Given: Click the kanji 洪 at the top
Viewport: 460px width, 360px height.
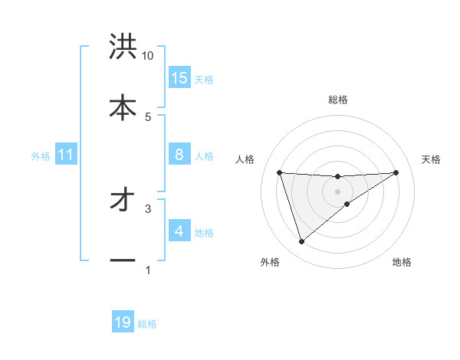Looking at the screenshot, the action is [x=123, y=47].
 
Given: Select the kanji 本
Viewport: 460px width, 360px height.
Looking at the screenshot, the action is [x=123, y=106].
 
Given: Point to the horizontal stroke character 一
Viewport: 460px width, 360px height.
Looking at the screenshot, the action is [x=123, y=260].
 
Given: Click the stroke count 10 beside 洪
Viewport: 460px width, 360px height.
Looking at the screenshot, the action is [x=148, y=56].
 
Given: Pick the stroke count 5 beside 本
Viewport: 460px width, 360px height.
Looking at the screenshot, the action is [x=148, y=116].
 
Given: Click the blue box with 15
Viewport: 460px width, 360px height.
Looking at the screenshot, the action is [x=179, y=78].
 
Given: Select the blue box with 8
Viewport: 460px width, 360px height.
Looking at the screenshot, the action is [x=179, y=155].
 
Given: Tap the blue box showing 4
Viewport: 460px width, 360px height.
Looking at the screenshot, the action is [x=179, y=231].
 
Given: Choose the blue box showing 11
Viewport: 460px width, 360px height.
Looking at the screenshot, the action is [x=66, y=155].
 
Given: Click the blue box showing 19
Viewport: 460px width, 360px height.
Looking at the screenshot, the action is [x=123, y=322].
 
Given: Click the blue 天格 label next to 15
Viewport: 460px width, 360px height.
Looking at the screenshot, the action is [x=204, y=79].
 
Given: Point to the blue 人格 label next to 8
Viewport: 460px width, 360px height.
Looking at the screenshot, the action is [x=204, y=156].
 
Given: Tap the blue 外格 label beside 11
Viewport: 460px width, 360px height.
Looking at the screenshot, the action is [x=41, y=156].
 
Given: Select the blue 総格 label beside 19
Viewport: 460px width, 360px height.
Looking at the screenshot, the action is [x=147, y=324].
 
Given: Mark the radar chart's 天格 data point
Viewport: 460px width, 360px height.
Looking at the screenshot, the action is [x=396, y=172].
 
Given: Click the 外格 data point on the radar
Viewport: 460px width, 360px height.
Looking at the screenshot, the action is [x=301, y=242].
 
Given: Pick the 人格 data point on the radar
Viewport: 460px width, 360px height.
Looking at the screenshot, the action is [x=280, y=172].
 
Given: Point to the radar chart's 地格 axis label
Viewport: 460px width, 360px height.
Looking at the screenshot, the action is [x=402, y=263].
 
